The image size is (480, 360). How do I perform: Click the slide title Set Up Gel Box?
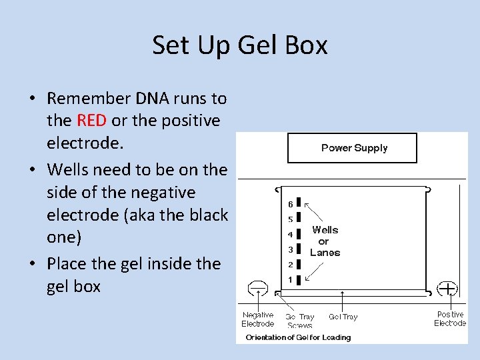click(x=240, y=45)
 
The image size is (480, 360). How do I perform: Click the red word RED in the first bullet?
click(x=92, y=121)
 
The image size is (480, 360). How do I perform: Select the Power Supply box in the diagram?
click(x=352, y=148)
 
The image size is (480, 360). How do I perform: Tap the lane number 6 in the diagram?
click(x=290, y=203)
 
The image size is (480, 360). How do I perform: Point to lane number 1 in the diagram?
click(x=290, y=279)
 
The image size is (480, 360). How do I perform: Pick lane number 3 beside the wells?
click(x=290, y=249)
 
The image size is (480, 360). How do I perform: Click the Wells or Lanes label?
click(x=325, y=241)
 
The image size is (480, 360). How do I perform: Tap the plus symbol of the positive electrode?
click(x=447, y=288)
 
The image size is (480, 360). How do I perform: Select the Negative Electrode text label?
click(x=257, y=319)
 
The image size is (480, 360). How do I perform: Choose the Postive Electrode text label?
click(x=450, y=319)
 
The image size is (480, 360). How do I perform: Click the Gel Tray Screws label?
click(x=299, y=321)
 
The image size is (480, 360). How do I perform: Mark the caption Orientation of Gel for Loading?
click(x=298, y=337)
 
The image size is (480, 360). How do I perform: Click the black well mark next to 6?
click(x=299, y=202)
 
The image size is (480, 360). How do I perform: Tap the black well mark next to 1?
click(x=299, y=279)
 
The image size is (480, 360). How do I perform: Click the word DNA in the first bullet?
click(x=154, y=99)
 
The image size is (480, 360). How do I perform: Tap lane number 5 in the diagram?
click(x=290, y=219)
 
